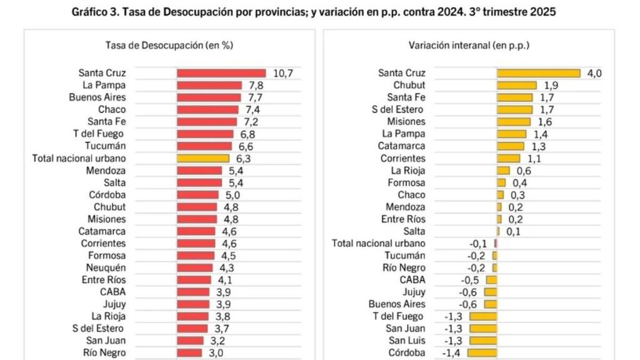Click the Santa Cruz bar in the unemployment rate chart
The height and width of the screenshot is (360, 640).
pos(221,73)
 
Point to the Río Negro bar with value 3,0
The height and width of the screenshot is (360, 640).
pos(189,352)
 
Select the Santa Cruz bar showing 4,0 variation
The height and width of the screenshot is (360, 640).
pos(538,73)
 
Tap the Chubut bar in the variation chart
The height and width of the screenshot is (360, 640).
pos(516,85)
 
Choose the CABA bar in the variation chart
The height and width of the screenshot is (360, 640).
pos(491,280)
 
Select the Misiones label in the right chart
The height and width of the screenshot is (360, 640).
pos(406,121)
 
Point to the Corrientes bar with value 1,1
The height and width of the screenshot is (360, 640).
pos(508,158)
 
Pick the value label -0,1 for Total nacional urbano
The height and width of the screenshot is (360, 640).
pos(479,243)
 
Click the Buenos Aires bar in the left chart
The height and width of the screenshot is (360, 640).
pos(209,97)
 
